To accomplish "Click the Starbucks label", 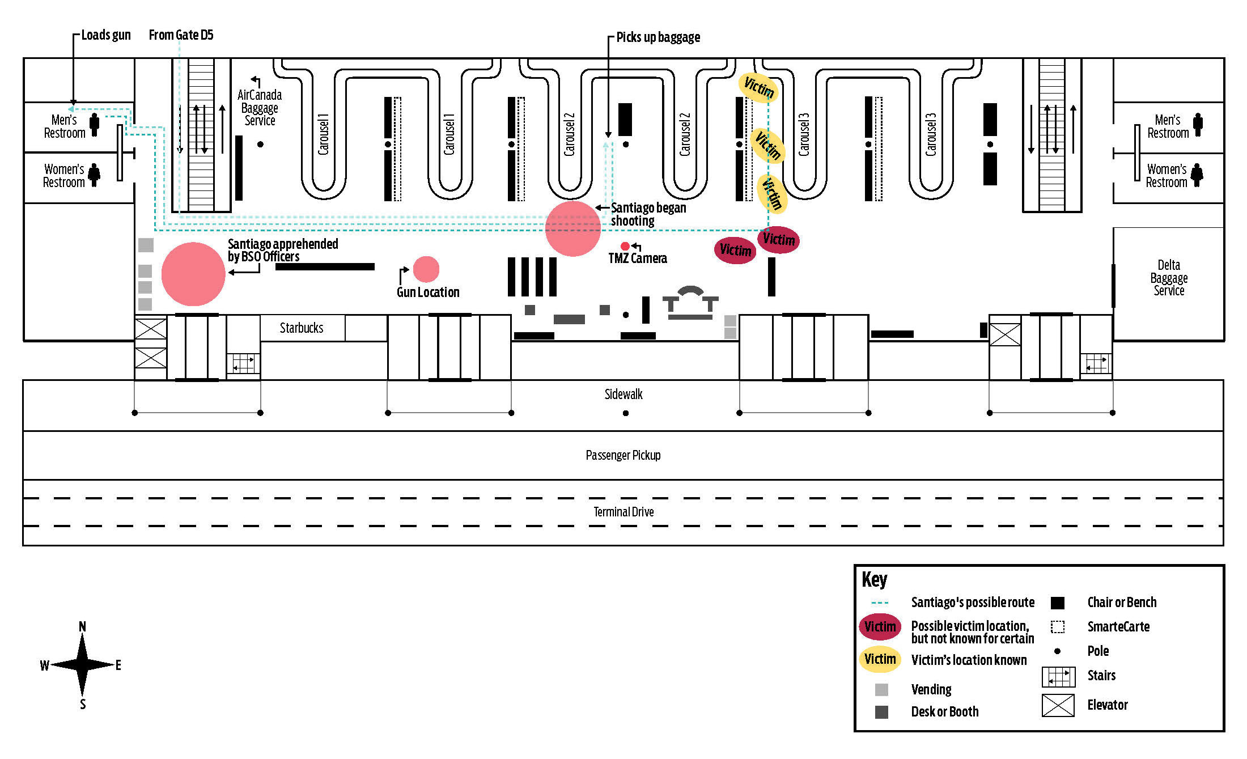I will (301, 328).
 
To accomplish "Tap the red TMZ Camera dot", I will (625, 246).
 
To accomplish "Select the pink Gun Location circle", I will (426, 269).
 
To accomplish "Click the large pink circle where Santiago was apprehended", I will (193, 274).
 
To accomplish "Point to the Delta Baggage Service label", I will (1168, 278).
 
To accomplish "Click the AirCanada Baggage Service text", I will (259, 108).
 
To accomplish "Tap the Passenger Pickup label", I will (623, 455).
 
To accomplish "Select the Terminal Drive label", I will (623, 512).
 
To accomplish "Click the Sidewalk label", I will (623, 395).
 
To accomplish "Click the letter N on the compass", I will (82, 626).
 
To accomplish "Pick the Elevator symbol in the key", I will (1058, 705).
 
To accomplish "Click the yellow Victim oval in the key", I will (880, 659).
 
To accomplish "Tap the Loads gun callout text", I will (105, 35).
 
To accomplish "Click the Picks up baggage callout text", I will (658, 37).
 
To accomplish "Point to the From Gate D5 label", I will (181, 35).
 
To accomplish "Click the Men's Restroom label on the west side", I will (64, 126).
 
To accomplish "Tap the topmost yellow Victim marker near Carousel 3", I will (758, 87).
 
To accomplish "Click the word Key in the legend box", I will (874, 580).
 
